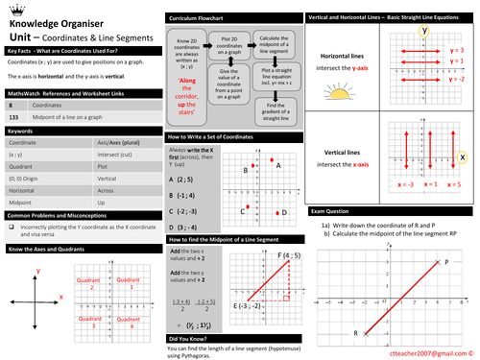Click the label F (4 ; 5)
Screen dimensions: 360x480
[x=285, y=255]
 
